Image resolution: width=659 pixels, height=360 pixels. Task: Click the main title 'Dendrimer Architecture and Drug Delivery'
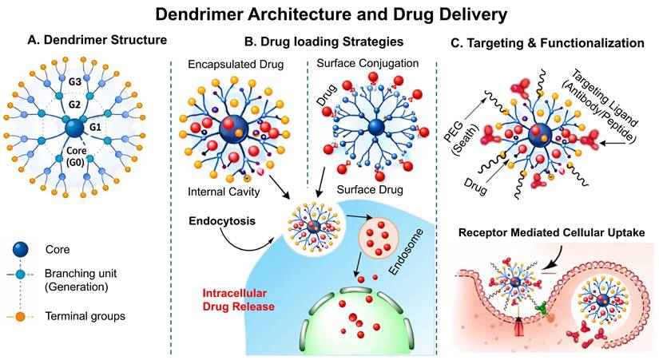coord(329,14)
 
